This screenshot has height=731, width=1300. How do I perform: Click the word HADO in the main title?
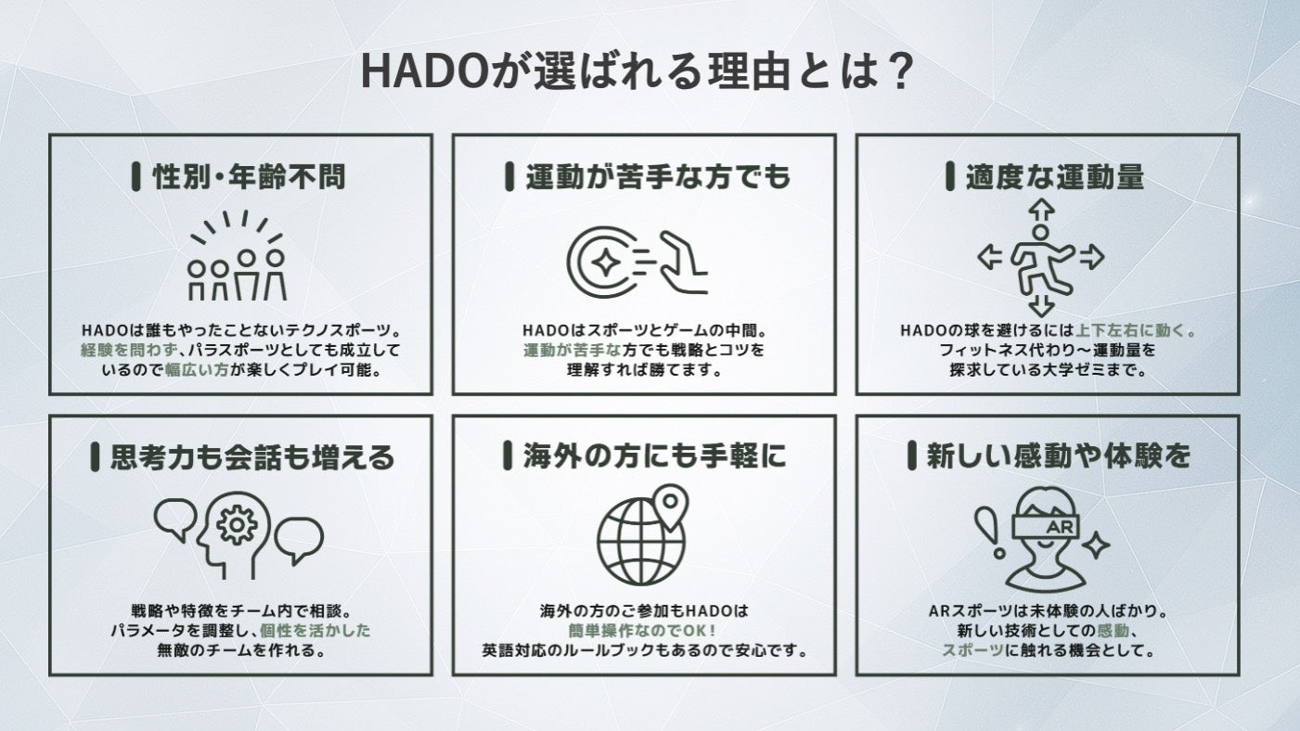point(426,71)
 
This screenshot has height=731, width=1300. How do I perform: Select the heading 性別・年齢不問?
point(249,177)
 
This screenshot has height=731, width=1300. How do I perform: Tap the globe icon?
point(640,543)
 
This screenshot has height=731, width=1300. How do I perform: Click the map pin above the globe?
point(670,506)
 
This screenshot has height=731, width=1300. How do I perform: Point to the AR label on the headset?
point(1061,527)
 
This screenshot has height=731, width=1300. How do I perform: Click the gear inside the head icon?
point(237,524)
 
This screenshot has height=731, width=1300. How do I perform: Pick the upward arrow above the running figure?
point(1041,210)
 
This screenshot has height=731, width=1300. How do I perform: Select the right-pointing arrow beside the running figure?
point(1091,256)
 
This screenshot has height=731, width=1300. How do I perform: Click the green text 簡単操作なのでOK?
point(642,631)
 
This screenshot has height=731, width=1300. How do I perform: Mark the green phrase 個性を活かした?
point(315,631)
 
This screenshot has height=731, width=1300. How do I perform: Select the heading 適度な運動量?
point(1054,177)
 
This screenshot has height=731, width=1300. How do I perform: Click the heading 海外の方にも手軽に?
point(655,455)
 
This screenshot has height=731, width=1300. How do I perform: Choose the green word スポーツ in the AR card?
point(972,650)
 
